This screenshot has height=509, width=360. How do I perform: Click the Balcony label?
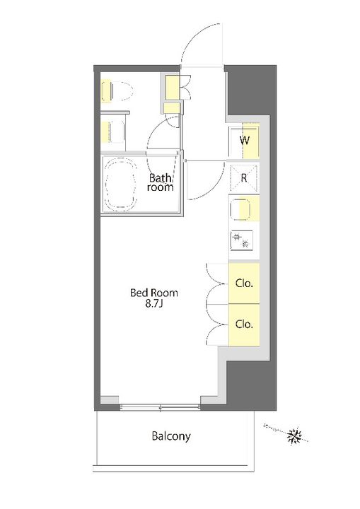click(x=171, y=436)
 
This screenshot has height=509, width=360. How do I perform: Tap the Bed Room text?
click(x=154, y=293)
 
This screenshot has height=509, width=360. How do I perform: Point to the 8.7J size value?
click(x=154, y=304)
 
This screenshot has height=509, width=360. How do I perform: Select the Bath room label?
click(x=160, y=182)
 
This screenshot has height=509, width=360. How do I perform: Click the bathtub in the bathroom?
click(x=120, y=185)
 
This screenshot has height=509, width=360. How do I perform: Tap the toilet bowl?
click(x=122, y=90)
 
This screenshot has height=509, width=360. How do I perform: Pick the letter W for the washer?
click(x=245, y=141)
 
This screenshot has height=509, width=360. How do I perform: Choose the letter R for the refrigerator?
click(x=244, y=178)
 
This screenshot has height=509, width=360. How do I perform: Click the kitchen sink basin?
click(x=240, y=209)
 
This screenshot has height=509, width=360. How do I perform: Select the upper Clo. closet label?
click(x=244, y=283)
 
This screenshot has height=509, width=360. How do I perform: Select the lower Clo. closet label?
click(x=244, y=324)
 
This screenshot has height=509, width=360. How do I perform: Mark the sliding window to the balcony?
click(x=160, y=406)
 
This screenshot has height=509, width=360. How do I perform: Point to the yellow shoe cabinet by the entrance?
click(x=172, y=87)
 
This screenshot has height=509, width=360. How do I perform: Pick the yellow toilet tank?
click(x=106, y=90)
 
